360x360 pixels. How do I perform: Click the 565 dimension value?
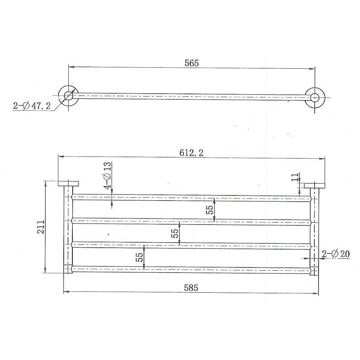coord(192,63)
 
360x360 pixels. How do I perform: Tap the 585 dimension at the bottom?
coord(192,288)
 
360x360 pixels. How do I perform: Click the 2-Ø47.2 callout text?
coord(32,106)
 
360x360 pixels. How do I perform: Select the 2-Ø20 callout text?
coord(336,254)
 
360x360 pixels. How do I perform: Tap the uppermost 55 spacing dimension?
coord(210,210)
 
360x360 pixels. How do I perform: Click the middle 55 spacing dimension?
coord(175,233)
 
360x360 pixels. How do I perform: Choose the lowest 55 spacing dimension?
coord(139,257)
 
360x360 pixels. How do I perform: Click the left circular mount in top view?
coord(68,95)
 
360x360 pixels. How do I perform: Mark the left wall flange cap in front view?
coord(69,183)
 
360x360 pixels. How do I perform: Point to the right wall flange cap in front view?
coord(314,186)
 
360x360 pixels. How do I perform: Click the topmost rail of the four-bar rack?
coord(191,197)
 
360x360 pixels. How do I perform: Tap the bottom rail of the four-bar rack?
coord(191,269)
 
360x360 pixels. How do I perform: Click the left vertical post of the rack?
coord(68,230)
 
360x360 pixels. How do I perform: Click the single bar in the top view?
coord(191,96)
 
